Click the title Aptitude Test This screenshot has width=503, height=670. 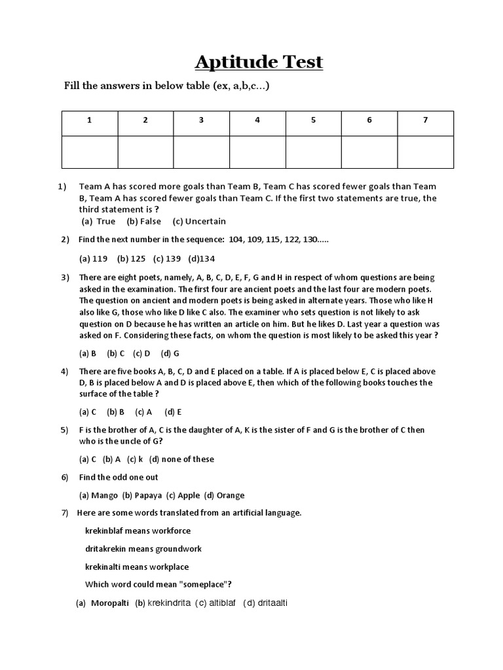pos(259,62)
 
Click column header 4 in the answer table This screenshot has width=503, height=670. pos(257,120)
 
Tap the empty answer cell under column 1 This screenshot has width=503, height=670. pos(89,152)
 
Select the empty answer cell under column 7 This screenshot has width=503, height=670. pos(425,152)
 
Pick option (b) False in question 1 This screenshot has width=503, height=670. pos(144,221)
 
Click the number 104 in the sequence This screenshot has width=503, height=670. pos(236,239)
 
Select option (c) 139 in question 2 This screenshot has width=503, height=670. pos(166,258)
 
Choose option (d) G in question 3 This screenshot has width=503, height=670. pos(170,353)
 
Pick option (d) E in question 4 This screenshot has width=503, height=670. pos(173,412)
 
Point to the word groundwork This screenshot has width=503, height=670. pos(178,548)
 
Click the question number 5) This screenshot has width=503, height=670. pos(64,430)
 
